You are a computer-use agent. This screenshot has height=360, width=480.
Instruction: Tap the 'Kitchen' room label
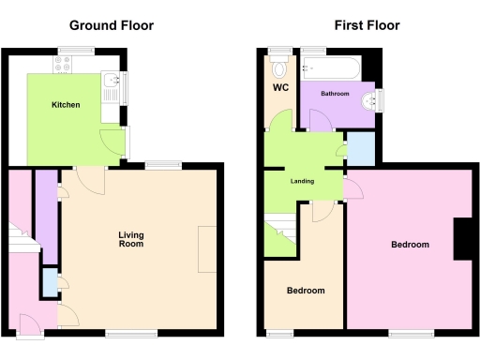pos(66,104)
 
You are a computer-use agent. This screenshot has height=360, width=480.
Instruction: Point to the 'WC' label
pos(279,88)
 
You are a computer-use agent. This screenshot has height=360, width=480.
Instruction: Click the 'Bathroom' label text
pos(335,94)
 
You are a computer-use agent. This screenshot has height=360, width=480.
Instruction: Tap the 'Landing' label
pos(302,181)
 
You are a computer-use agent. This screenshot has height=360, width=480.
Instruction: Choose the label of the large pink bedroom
pos(410,245)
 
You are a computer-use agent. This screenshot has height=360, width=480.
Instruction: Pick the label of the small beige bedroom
pos(306,291)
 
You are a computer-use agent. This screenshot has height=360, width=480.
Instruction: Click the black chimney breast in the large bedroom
pos(463,238)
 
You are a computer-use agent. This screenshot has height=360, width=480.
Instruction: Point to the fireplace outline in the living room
pos(206,249)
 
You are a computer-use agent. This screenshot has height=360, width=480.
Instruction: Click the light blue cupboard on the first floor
pos(359,149)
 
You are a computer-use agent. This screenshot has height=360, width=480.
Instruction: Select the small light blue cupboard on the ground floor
pos(49,281)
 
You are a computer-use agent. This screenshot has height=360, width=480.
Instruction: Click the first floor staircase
pos(279,234)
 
